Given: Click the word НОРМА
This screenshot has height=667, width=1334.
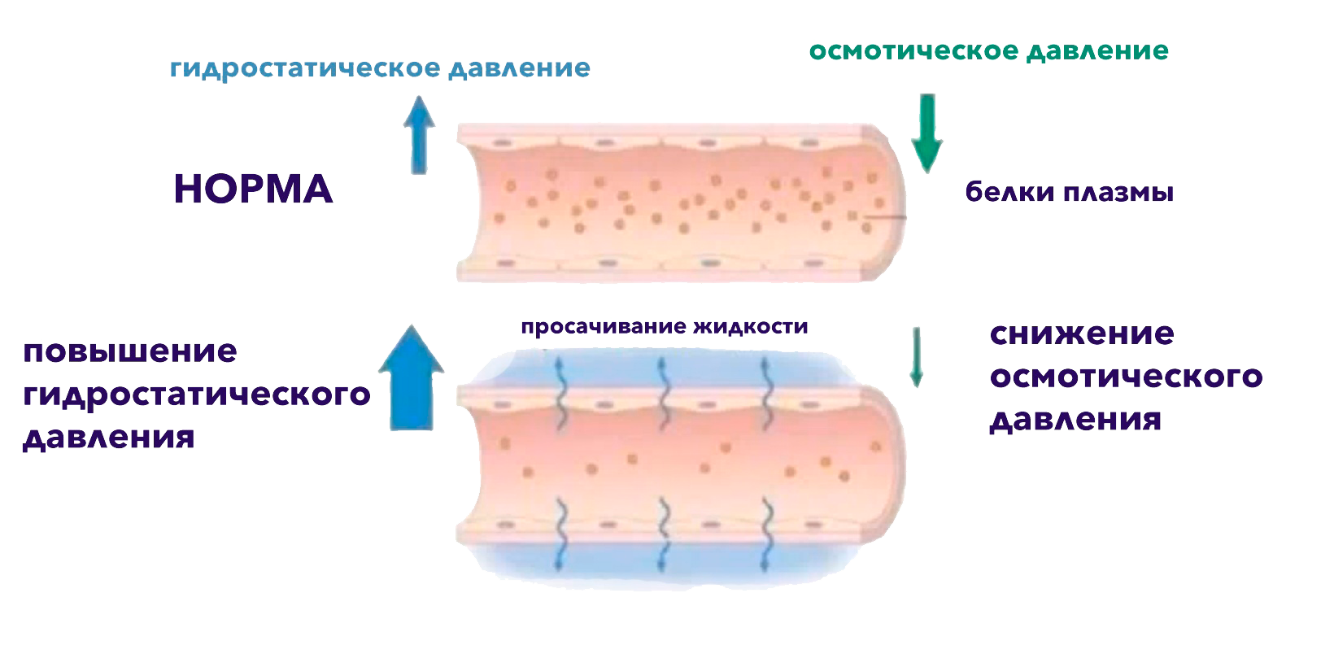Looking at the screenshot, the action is pyautogui.click(x=253, y=190).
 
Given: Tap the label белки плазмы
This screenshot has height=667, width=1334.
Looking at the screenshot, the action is pyautogui.click(x=1069, y=194).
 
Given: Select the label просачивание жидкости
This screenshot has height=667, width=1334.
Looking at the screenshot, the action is pyautogui.click(x=664, y=327).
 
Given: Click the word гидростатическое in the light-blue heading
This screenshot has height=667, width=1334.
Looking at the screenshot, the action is pyautogui.click(x=303, y=68).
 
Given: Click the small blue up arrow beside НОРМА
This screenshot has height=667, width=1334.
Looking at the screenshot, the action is pyautogui.click(x=419, y=133).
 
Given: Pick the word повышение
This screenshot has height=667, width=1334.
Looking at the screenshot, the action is pyautogui.click(x=130, y=352).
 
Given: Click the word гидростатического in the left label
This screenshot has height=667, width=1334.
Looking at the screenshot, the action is pyautogui.click(x=196, y=395).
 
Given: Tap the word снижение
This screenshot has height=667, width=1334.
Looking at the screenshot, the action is pyautogui.click(x=1081, y=334).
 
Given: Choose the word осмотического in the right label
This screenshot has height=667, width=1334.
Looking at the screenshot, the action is pyautogui.click(x=1126, y=377).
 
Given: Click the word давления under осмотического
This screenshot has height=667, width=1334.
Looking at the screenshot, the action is pyautogui.click(x=1075, y=420).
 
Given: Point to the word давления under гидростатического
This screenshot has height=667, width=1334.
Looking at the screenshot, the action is pyautogui.click(x=108, y=438).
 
